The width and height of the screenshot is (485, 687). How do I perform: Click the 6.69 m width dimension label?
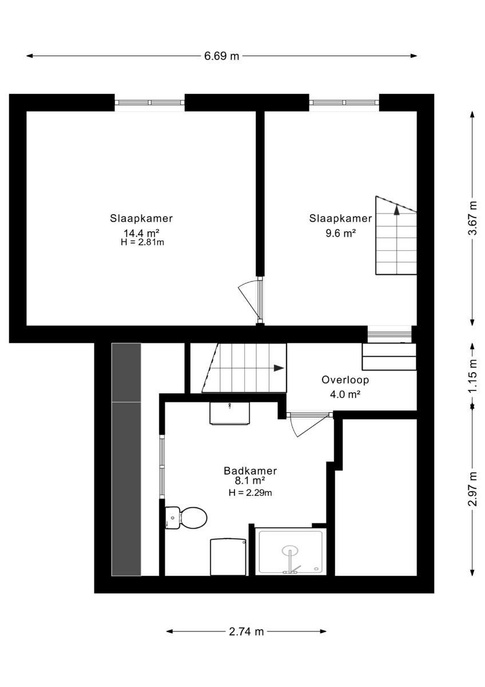tap(221, 56)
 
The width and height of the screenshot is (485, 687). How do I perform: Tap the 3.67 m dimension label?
tap(473, 218)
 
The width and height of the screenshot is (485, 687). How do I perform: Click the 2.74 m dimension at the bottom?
tap(247, 631)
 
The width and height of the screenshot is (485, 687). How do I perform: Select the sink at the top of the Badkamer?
tap(229, 413)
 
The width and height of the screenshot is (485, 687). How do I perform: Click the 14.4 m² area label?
tap(141, 233)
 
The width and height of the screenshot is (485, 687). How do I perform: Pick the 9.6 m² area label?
tap(340, 234)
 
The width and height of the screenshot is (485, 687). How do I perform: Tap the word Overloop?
tap(345, 380)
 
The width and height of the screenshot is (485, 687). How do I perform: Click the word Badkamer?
tap(251, 471)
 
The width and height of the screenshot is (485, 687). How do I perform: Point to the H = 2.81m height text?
tap(142, 242)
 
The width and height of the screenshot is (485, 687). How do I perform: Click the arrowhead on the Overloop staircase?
tap(279, 368)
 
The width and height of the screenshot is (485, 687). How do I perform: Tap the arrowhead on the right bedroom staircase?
tap(397, 210)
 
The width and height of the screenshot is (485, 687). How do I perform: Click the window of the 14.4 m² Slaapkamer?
tap(150, 102)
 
